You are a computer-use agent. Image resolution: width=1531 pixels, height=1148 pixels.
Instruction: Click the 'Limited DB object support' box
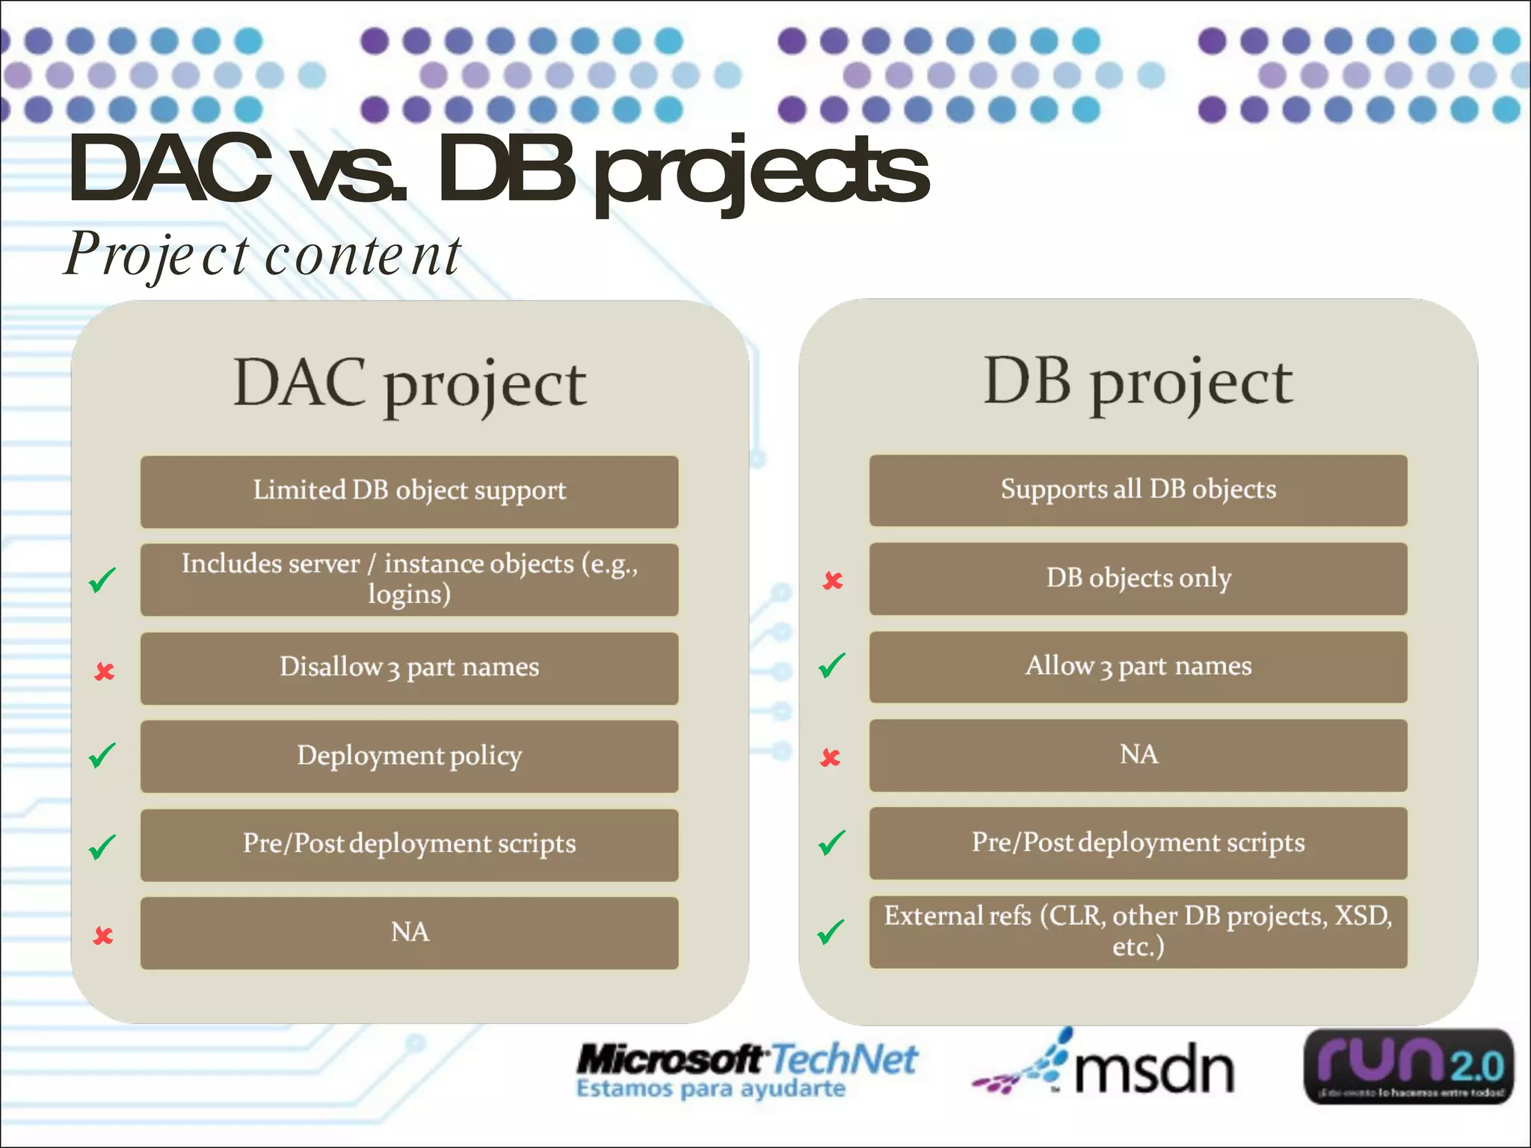tap(409, 491)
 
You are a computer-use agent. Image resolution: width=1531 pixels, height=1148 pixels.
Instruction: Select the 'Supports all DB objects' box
tap(1138, 490)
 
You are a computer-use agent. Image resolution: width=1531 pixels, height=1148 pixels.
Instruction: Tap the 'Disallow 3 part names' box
tap(409, 667)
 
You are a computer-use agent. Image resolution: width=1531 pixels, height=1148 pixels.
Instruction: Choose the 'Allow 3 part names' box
tap(1138, 666)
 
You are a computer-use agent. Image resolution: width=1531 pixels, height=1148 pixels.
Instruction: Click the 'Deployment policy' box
tap(409, 756)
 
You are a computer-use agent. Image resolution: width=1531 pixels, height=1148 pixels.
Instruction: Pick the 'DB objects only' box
tap(1138, 578)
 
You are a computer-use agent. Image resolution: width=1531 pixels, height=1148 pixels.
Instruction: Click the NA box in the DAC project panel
tap(409, 933)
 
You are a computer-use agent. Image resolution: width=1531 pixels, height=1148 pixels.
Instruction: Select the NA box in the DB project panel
tap(1138, 755)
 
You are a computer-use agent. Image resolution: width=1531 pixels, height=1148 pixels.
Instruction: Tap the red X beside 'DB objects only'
tap(833, 580)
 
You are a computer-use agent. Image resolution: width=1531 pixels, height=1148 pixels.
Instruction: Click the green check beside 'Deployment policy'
tap(102, 756)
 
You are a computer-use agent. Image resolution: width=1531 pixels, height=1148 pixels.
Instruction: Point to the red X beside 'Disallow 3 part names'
tap(105, 671)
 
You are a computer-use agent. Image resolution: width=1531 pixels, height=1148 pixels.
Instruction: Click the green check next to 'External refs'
tap(831, 931)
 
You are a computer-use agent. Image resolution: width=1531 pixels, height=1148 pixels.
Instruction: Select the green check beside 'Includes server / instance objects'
tap(102, 579)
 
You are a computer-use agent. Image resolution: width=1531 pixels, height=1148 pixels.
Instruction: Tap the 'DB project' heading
tap(1138, 382)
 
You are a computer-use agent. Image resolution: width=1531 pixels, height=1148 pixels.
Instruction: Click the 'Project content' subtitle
tap(262, 254)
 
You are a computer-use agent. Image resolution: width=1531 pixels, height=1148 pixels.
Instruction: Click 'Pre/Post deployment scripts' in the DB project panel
tap(1138, 843)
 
